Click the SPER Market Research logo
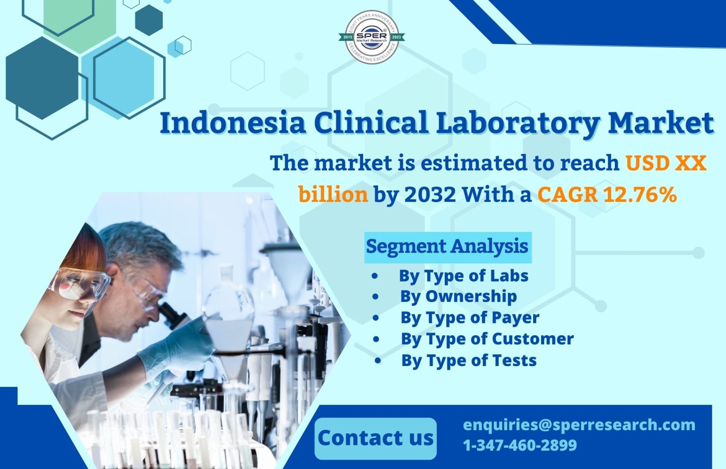pos(372,37)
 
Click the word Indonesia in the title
pos(233,123)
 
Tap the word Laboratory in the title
pos(518,123)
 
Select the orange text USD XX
pos(665,163)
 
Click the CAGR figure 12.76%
pos(640,194)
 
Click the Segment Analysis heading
pos(447,247)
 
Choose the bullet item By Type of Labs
pos(463,276)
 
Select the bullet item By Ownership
pos(458,297)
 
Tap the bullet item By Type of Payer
pos(470,318)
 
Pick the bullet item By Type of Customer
pos(487,339)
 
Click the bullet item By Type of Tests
pos(469,361)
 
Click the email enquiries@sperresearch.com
pos(579,425)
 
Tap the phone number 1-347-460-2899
pos(520,445)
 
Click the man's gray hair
pos(142,243)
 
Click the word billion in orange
pos(333,194)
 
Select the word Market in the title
pos(660,123)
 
